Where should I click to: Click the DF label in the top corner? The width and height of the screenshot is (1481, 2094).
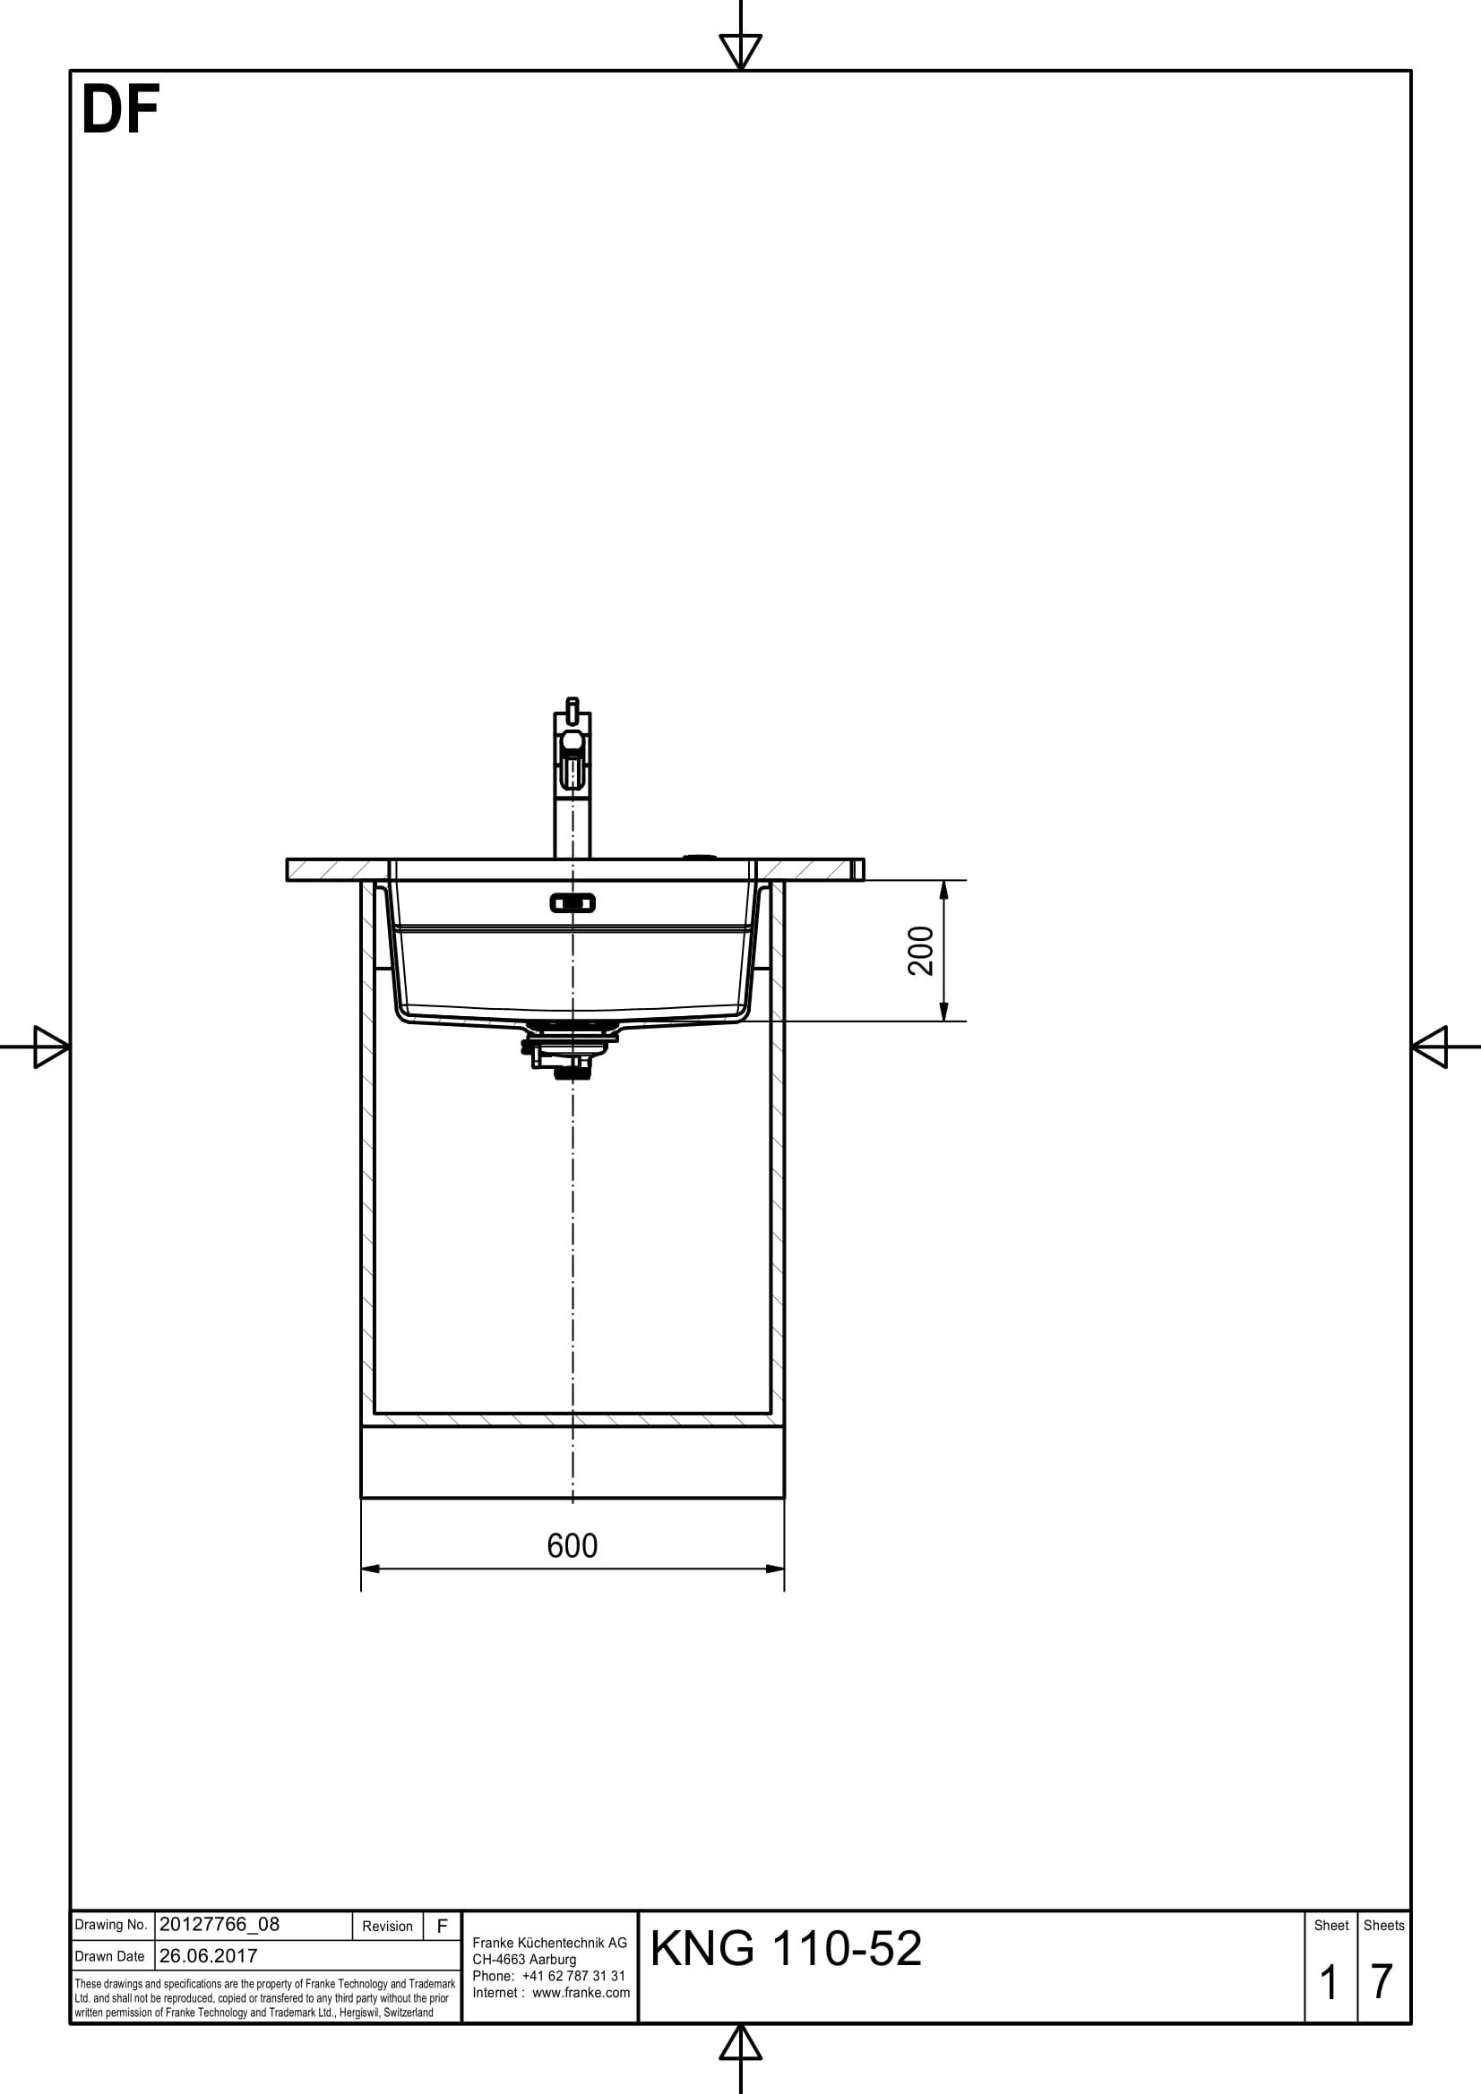click(x=120, y=110)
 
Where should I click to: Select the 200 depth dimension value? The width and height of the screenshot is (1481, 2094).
click(x=922, y=951)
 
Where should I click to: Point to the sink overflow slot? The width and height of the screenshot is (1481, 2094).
click(x=573, y=903)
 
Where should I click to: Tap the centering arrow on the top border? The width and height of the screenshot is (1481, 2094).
click(x=740, y=50)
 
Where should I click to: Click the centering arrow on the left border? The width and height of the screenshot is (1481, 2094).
click(x=50, y=1046)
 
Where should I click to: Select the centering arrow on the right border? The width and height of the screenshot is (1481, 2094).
click(x=1430, y=1046)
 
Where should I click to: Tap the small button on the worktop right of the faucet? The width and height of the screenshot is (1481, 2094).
click(x=700, y=857)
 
